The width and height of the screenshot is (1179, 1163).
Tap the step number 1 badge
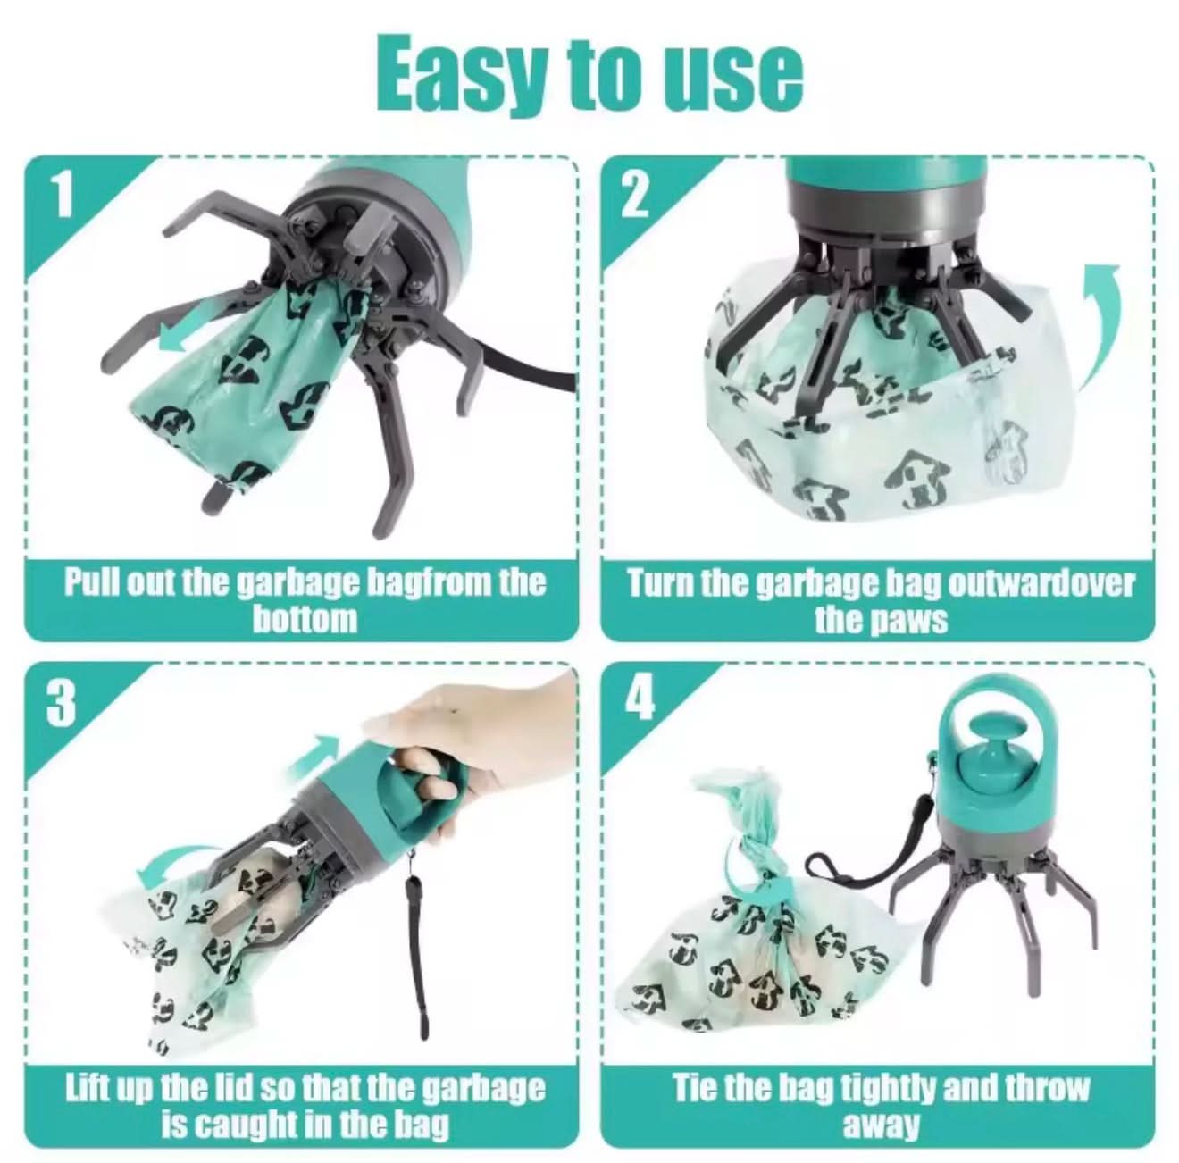(62, 195)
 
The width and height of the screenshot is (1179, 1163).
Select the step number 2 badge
(634, 195)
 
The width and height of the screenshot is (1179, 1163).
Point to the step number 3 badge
(61, 704)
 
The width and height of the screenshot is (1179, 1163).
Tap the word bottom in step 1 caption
(304, 619)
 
